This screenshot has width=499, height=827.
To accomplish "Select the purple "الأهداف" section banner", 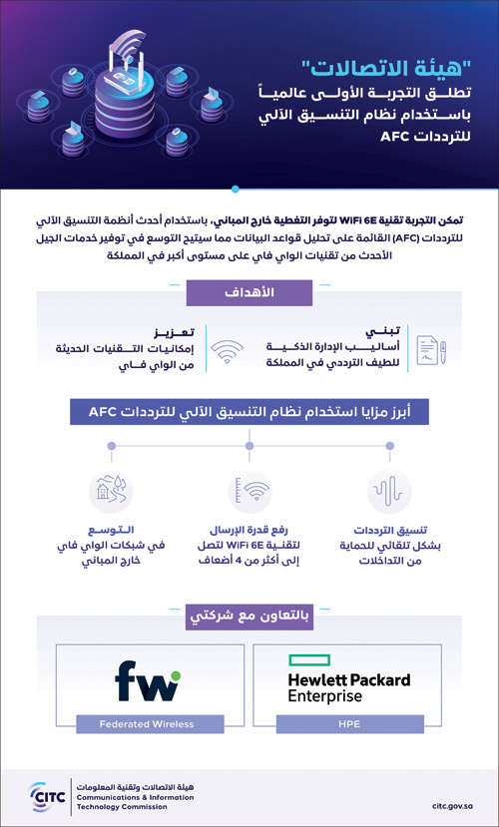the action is [x=249, y=292].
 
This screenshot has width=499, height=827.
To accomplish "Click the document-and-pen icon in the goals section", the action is [x=430, y=345].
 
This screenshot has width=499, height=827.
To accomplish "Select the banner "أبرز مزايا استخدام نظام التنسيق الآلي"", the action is [x=249, y=411].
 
